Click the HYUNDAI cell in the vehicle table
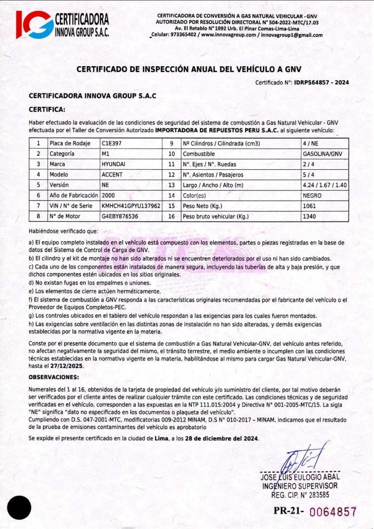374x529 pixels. pos(113,164)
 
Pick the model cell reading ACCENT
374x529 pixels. pos(111,175)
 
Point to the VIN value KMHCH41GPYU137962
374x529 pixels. pos(131,206)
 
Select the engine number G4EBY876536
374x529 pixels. pos(120,216)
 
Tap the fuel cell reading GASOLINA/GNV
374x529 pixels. pos(323,154)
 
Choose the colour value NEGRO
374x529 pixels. pos(312,195)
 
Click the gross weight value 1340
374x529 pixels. pos(309,216)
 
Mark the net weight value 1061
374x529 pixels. pos(309,206)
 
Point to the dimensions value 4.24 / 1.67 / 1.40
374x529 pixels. pos(325,185)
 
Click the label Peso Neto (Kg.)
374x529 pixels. pos(202,206)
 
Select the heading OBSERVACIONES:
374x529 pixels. pos(54,377)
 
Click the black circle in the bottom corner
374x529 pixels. pos(19,507)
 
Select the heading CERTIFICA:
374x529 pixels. pos(47,109)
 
